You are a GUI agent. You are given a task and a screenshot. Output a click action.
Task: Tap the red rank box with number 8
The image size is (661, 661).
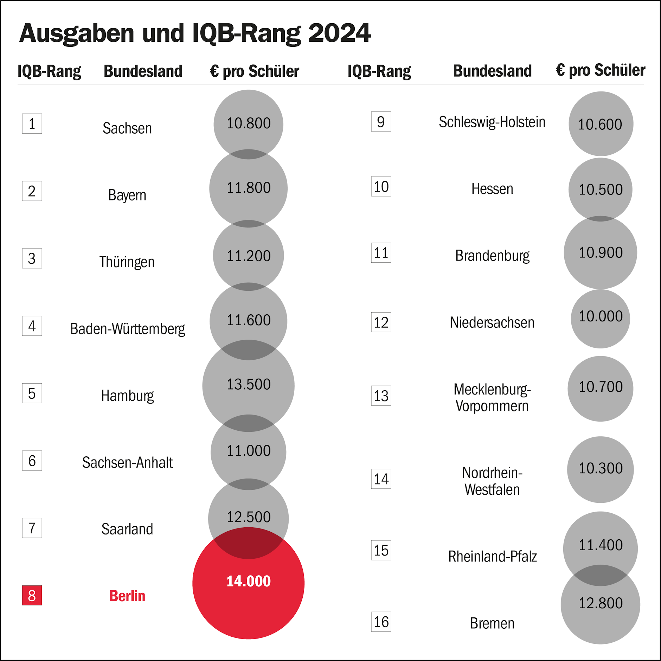[32, 595]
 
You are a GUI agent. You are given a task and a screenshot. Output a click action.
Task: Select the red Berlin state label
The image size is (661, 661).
[127, 596]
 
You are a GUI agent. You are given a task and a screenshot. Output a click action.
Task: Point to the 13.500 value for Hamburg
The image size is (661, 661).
[249, 384]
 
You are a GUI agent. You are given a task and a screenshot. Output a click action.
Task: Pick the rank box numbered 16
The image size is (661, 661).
[381, 622]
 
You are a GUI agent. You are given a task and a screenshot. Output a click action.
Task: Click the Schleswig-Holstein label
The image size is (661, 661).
[492, 122]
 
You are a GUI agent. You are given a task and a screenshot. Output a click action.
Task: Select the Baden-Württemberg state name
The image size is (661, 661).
[127, 329]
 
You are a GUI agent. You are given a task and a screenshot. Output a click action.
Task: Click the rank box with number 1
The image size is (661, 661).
[32, 123]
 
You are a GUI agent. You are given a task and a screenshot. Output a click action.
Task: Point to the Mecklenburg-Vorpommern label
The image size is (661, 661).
[492, 397]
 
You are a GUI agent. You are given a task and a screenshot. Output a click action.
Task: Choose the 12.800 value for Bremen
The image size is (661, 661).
[601, 603]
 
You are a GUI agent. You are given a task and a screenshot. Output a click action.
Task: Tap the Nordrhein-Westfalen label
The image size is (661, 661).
[492, 481]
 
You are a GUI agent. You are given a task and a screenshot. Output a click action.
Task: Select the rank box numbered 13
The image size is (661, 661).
[381, 396]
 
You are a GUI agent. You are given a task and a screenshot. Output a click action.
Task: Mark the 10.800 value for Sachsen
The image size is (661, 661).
[249, 123]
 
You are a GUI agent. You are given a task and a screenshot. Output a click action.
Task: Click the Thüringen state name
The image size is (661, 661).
[127, 262]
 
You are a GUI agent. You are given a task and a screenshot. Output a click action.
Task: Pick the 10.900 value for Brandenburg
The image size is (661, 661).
[601, 252]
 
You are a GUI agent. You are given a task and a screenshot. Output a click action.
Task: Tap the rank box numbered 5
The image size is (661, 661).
[32, 393]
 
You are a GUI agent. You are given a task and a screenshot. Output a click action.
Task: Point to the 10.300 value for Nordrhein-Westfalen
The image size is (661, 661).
[601, 468]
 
